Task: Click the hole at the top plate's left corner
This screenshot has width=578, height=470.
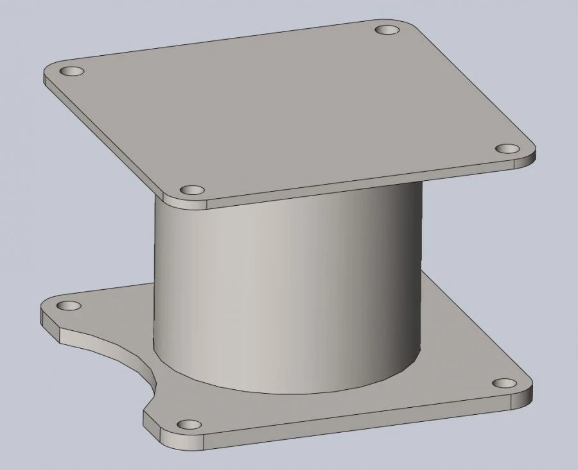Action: coord(71,70)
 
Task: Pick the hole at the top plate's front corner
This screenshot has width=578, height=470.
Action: coord(191,190)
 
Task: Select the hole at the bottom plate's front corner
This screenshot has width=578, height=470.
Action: coord(188,424)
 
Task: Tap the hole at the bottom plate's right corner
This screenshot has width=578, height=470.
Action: coord(505,383)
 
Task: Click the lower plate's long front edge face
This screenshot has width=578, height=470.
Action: coord(360,423)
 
